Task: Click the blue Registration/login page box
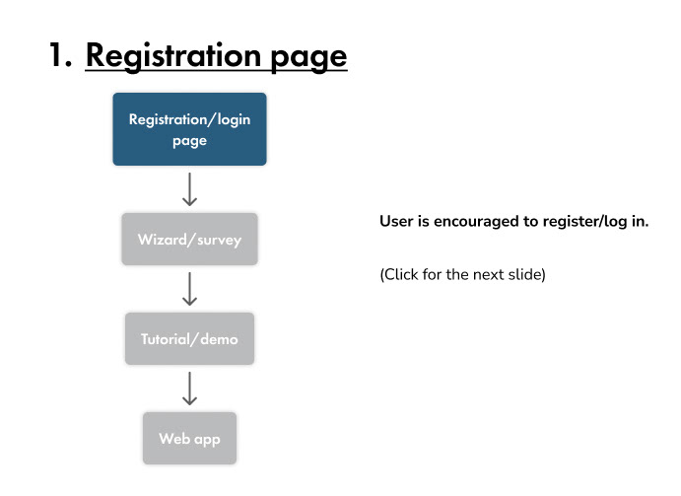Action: coord(189,129)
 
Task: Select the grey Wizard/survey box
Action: coord(189,239)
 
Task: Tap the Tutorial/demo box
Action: coord(189,338)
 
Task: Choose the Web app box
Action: coord(189,438)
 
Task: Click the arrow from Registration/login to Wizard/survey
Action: coord(189,189)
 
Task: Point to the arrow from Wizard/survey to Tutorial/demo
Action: coord(189,289)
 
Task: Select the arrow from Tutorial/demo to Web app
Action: coord(189,389)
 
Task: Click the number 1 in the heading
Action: coord(59,55)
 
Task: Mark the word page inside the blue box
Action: coord(189,142)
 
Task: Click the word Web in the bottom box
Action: coord(174,438)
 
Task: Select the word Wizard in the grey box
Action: coord(163,239)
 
